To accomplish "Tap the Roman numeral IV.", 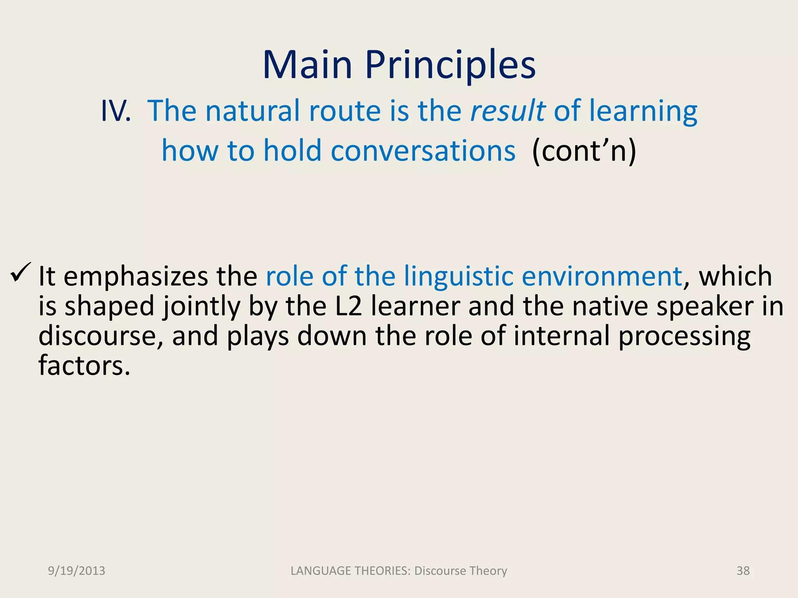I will pyautogui.click(x=116, y=111).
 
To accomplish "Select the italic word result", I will pyautogui.click(x=508, y=111).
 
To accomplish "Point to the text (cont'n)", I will pyautogui.click(x=584, y=151).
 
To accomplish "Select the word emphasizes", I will pyautogui.click(x=136, y=276).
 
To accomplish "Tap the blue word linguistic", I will pyautogui.click(x=458, y=276).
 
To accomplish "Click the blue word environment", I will pyautogui.click(x=602, y=276).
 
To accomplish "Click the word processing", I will pyautogui.click(x=684, y=336).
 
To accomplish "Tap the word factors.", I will pyautogui.click(x=84, y=366).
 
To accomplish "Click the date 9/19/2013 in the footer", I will pyautogui.click(x=76, y=571).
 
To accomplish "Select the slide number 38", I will pyautogui.click(x=743, y=571).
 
